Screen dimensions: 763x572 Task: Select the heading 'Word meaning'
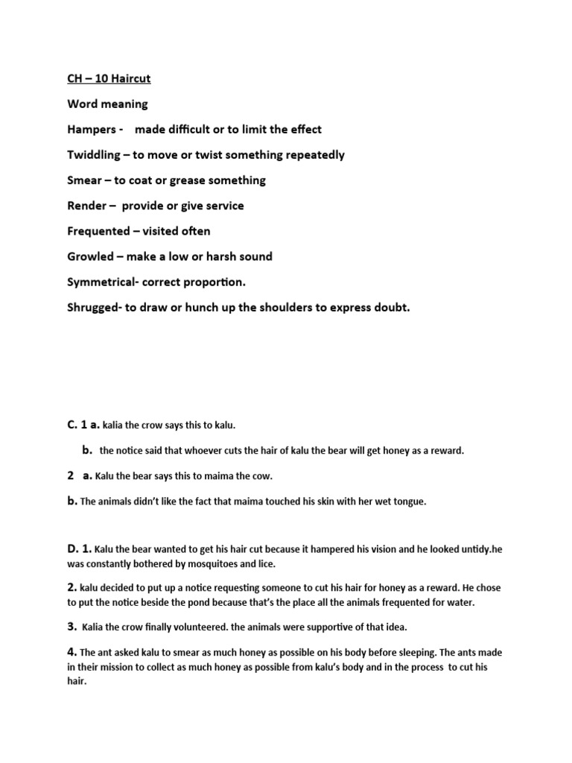pos(108,104)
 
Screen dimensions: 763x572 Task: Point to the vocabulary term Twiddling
pos(95,154)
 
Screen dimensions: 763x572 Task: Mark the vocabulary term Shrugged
pos(95,307)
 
